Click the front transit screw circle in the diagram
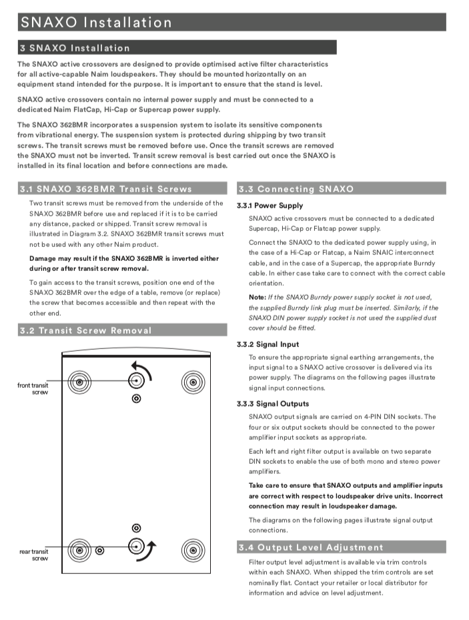137,380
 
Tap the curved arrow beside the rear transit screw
152,552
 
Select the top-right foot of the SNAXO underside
193,382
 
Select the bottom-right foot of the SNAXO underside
193,551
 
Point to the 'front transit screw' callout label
33,388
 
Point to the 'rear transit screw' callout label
34,555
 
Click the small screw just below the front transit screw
137,398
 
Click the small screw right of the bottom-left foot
100,551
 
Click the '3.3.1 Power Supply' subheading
270,206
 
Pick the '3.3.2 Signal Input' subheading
268,344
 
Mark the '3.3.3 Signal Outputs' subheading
272,404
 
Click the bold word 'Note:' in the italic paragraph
258,297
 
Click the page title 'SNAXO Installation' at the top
96,22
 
